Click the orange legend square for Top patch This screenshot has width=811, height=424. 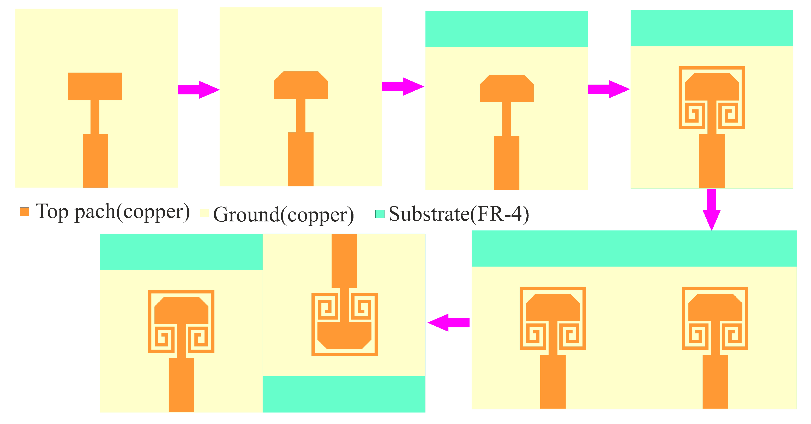click(x=24, y=212)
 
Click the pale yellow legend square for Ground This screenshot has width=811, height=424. click(x=204, y=213)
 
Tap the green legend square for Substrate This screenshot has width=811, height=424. click(x=380, y=214)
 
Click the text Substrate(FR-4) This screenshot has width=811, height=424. click(x=458, y=214)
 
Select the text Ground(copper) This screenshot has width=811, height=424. click(x=283, y=215)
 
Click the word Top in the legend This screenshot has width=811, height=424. click(x=52, y=212)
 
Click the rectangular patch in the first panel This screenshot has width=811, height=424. click(x=95, y=86)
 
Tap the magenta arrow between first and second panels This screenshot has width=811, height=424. click(x=198, y=90)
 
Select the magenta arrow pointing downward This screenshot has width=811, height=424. click(x=712, y=209)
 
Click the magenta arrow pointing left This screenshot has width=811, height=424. click(x=448, y=322)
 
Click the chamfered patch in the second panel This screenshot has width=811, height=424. click(x=301, y=86)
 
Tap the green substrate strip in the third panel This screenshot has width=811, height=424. click(x=506, y=29)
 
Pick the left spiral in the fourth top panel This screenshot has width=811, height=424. click(x=693, y=114)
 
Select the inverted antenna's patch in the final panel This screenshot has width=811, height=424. click(x=344, y=335)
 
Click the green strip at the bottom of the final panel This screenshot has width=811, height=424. click(x=344, y=394)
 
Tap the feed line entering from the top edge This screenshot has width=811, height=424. click(x=344, y=261)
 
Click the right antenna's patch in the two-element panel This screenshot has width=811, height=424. click(x=715, y=308)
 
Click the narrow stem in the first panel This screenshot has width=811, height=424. click(x=95, y=116)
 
